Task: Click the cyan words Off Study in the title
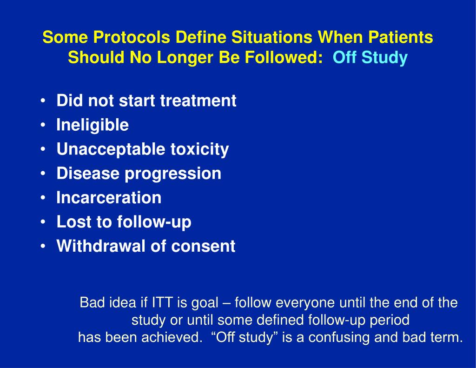[x=370, y=57]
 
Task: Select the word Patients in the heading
[x=400, y=37]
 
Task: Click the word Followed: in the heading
[x=284, y=57]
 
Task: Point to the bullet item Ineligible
[x=93, y=125]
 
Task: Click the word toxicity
[x=199, y=149]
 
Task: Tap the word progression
[x=173, y=174]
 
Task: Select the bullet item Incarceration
[x=109, y=198]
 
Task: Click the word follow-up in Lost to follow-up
[x=154, y=222]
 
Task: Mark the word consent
[x=203, y=246]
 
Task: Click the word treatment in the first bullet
[x=198, y=100]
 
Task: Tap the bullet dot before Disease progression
[x=43, y=173]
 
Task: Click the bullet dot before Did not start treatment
[x=43, y=100]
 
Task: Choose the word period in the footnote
[x=390, y=320]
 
